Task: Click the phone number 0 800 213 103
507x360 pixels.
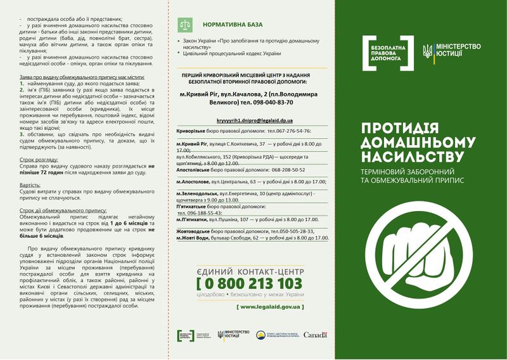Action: coord(252,283)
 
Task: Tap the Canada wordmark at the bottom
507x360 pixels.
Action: coord(315,335)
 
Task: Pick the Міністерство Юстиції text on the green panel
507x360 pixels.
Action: coord(459,51)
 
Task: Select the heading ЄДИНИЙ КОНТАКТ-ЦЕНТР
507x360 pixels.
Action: coord(251,271)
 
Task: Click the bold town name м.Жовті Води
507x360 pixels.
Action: coord(198,237)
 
